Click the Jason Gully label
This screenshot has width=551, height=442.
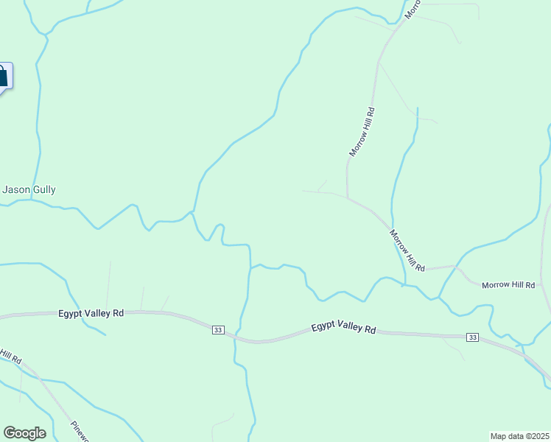[x=29, y=189]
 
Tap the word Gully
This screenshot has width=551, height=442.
[x=43, y=189]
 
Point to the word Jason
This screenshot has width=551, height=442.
[x=16, y=189]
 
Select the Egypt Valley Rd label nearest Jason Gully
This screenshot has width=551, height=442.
[x=91, y=313]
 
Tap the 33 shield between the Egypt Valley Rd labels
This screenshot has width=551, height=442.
[x=217, y=329]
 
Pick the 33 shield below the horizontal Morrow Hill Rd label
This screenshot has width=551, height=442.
[x=472, y=337]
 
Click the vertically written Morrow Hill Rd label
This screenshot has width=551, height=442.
[x=362, y=132]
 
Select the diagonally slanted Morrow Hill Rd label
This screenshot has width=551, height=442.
[x=407, y=251]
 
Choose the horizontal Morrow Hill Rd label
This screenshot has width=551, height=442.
[x=508, y=284]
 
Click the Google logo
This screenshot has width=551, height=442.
[x=24, y=433]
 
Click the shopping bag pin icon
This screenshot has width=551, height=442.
[x=2, y=76]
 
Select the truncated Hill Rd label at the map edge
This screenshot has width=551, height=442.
[x=10, y=356]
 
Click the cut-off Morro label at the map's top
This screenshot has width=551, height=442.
[x=412, y=10]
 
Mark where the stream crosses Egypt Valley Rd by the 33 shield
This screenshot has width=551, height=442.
[x=237, y=336]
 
